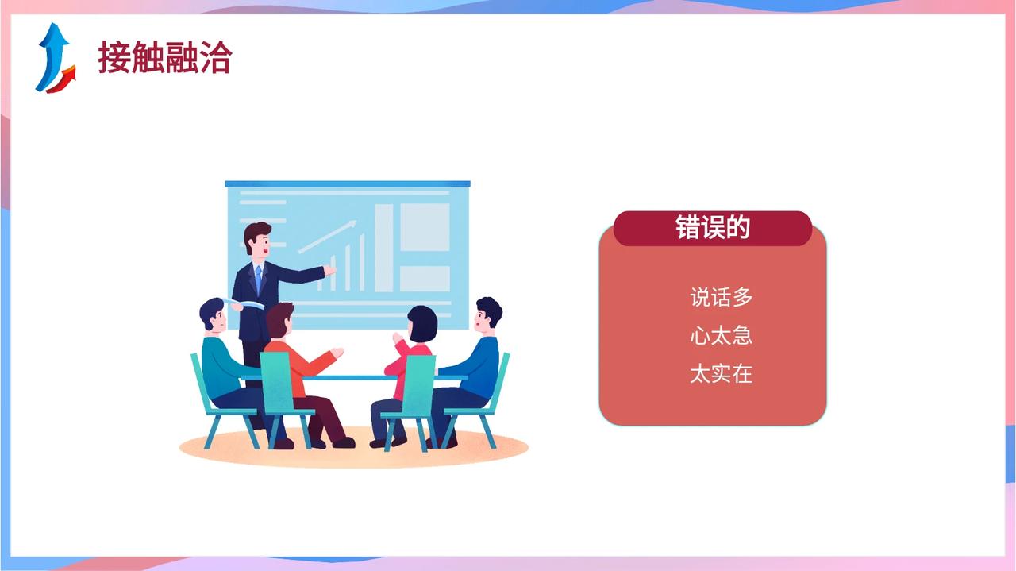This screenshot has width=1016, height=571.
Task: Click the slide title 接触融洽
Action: pyautogui.click(x=165, y=57)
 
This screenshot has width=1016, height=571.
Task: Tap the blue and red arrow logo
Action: pyautogui.click(x=56, y=58)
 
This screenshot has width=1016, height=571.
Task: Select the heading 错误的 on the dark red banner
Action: pyautogui.click(x=713, y=227)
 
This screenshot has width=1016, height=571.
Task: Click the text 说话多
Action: pyautogui.click(x=722, y=297)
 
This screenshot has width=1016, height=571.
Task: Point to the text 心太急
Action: pyautogui.click(x=722, y=336)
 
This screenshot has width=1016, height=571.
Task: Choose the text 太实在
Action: pyautogui.click(x=722, y=374)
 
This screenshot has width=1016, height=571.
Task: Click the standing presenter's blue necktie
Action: pyautogui.click(x=259, y=279)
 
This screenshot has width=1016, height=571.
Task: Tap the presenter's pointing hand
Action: pyautogui.click(x=329, y=271)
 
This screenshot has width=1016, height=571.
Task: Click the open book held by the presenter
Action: pyautogui.click(x=245, y=303)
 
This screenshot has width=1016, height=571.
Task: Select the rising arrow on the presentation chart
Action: pyautogui.click(x=328, y=237)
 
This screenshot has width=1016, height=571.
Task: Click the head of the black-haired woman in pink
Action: pyautogui.click(x=422, y=324)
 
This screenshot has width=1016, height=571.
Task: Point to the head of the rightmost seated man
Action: pyautogui.click(x=487, y=315)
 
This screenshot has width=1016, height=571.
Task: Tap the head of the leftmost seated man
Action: pyautogui.click(x=213, y=315)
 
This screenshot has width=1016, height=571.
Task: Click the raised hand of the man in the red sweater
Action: pyautogui.click(x=337, y=353)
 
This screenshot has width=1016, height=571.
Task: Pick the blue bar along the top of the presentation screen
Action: pyautogui.click(x=348, y=183)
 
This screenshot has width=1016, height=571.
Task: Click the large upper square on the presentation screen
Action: pyautogui.click(x=425, y=227)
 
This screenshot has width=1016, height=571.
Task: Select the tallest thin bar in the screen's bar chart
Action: pyautogui.click(x=362, y=262)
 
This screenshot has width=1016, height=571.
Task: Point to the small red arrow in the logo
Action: pyautogui.click(x=62, y=81)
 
